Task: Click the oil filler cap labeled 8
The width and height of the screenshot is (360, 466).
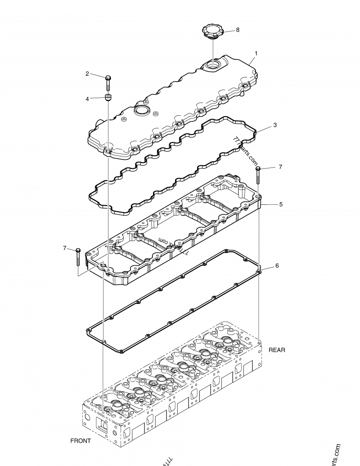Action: (212, 32)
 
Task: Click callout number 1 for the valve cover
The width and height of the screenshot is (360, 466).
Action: (256, 54)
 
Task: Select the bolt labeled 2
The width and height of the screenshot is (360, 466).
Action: (108, 82)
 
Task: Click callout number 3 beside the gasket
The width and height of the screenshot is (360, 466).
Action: (275, 125)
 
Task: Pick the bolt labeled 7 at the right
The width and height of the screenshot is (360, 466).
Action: (258, 175)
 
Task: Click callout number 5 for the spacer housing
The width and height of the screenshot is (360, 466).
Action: (280, 204)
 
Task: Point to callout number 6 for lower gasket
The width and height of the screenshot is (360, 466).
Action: (277, 266)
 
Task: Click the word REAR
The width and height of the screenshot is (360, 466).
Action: (277, 349)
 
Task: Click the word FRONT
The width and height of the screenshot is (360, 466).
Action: (81, 441)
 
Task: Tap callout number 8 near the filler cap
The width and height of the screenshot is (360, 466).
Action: (238, 30)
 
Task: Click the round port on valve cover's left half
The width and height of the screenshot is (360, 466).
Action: (141, 110)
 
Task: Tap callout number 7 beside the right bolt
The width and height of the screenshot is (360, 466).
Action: (280, 167)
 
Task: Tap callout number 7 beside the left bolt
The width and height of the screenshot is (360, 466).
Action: (65, 248)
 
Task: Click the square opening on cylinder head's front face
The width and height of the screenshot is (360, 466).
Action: (102, 425)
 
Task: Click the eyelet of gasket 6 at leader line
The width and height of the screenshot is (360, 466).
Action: (259, 272)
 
